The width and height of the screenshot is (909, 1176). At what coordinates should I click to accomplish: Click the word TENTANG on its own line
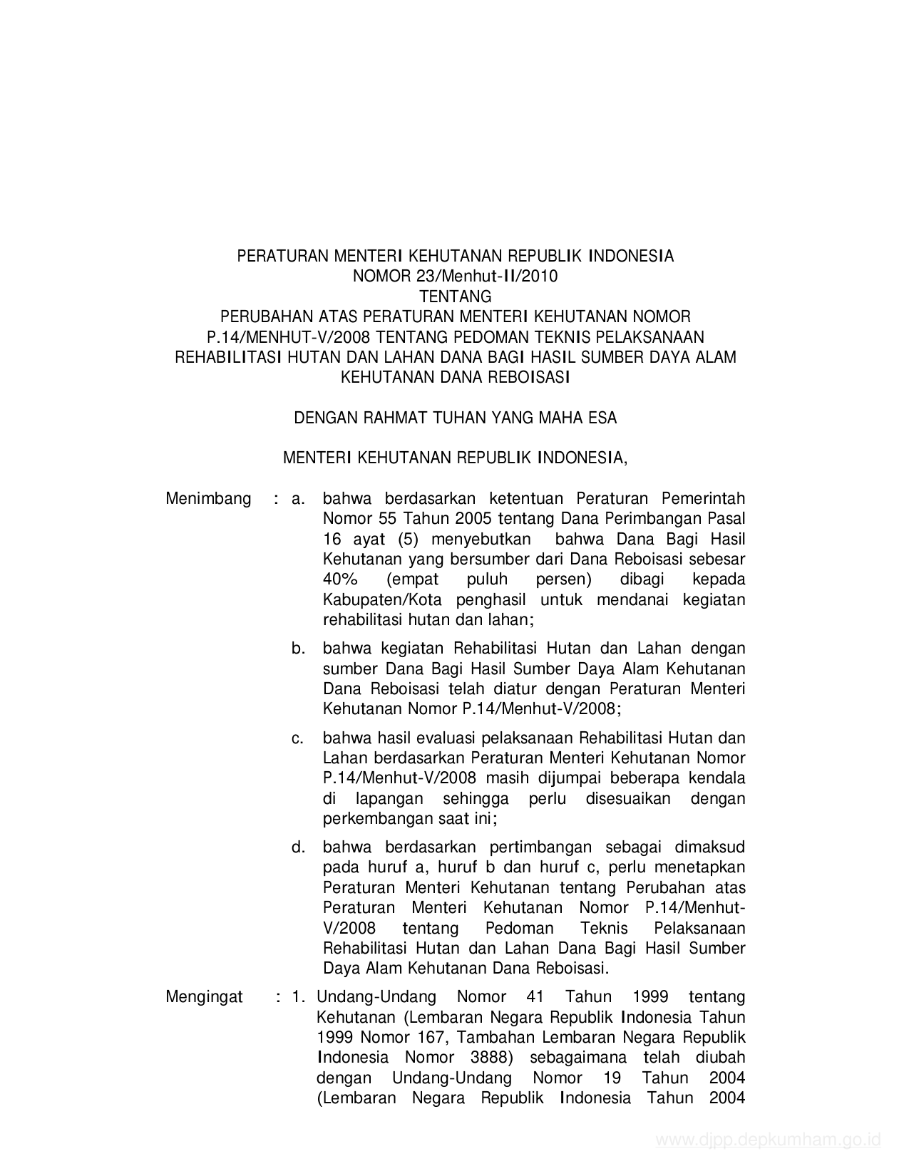tap(455, 296)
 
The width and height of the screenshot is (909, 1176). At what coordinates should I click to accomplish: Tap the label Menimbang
tap(208, 498)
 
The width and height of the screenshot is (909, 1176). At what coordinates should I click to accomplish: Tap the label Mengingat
tap(204, 996)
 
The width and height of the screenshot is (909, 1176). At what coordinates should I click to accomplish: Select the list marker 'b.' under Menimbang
tap(299, 649)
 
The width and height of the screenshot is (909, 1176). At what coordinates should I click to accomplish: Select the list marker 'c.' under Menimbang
tap(299, 738)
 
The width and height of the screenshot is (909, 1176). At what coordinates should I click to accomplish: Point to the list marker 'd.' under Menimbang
tap(299, 847)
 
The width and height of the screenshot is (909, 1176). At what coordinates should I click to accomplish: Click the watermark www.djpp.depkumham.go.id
tap(769, 1140)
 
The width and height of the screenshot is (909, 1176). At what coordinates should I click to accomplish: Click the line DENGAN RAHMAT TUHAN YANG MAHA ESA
tap(456, 418)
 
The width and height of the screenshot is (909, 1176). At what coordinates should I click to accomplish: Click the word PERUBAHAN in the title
tap(260, 316)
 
